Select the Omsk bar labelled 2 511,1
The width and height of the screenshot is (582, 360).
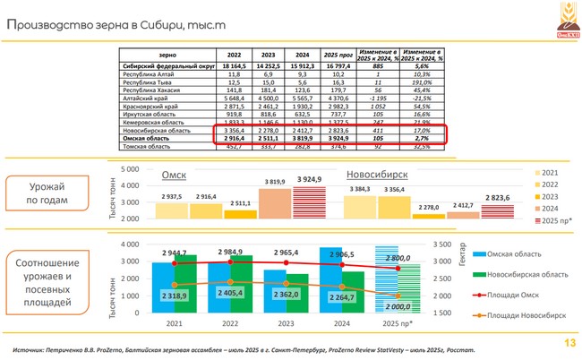pyautogui.click(x=239, y=214)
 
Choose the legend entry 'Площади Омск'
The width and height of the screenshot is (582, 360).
pyautogui.click(x=519, y=294)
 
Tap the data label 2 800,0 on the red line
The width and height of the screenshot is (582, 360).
pyautogui.click(x=399, y=257)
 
